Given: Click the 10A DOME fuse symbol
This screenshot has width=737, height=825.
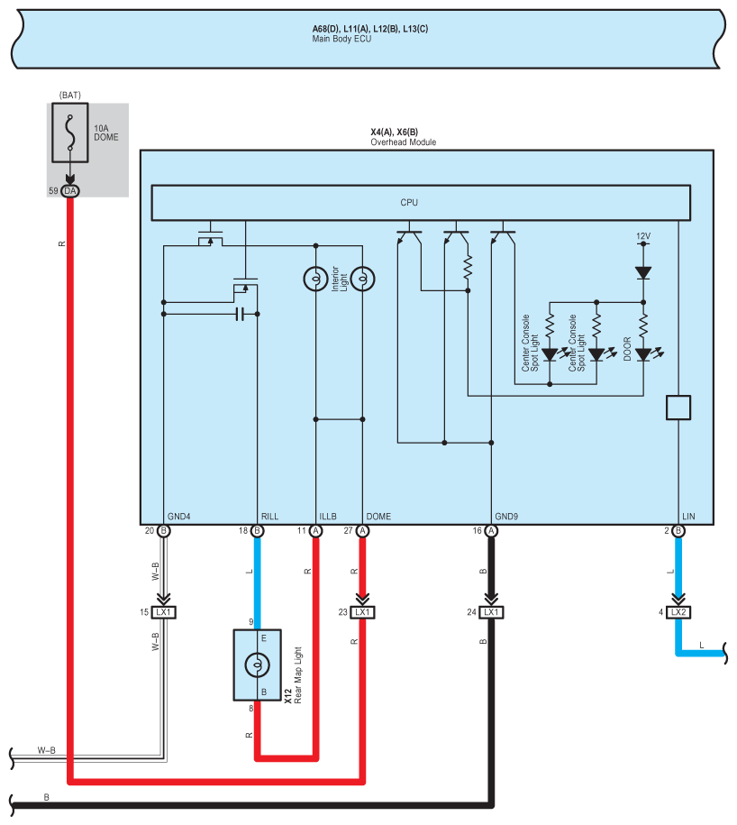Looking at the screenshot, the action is [x=70, y=133].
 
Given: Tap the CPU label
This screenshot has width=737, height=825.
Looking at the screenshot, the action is [x=409, y=203].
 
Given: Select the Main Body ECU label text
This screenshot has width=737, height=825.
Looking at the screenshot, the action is [x=341, y=39].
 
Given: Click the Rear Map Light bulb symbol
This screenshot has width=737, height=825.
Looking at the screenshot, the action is [x=258, y=665].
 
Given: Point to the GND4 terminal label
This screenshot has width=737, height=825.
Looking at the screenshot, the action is [x=178, y=517].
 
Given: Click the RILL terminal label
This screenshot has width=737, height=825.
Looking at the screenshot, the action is [x=269, y=517].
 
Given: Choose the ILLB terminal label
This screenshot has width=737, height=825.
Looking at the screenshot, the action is [x=328, y=517].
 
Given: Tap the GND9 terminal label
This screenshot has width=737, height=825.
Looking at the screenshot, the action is [x=506, y=517].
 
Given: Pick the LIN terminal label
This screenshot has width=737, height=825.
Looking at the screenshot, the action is [x=688, y=517].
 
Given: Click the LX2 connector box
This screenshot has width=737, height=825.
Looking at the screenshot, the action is [x=678, y=612].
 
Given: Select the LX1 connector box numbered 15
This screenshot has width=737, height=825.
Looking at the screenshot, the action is [x=163, y=612].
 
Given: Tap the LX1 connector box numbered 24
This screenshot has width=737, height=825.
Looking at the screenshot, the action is [x=491, y=612].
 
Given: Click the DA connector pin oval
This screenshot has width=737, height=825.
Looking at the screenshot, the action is [x=70, y=191].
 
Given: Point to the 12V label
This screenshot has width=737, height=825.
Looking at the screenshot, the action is [x=643, y=236].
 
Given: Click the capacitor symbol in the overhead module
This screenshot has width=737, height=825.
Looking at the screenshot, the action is [x=240, y=314].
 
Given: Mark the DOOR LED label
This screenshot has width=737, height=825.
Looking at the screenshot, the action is [x=627, y=349].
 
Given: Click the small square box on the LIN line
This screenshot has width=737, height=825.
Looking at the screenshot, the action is [x=678, y=408].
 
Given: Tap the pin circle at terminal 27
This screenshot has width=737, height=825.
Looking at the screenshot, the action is [x=363, y=531].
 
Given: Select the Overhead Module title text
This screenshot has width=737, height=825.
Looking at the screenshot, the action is [x=404, y=142].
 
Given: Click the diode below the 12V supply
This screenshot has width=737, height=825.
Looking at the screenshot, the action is [x=643, y=272].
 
